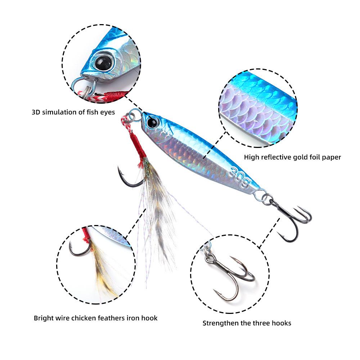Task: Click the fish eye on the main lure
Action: tap(152, 122)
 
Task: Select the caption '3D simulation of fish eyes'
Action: tap(73, 112)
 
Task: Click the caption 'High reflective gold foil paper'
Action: tap(292, 157)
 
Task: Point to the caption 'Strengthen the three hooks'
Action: tap(247, 323)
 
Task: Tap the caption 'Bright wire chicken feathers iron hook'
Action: tap(95, 318)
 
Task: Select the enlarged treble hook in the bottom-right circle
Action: tap(230, 277)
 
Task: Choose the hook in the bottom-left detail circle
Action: tap(77, 248)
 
